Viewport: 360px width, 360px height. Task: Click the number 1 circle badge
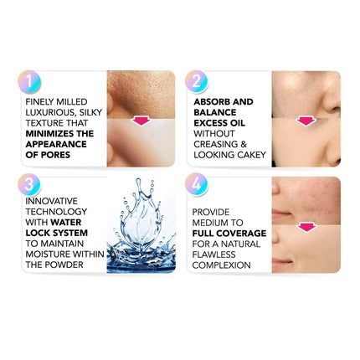(x=29, y=82)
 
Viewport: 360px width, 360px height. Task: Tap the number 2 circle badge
(x=197, y=82)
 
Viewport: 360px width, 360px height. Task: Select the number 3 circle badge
(x=29, y=185)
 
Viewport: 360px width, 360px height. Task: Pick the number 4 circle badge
(x=197, y=185)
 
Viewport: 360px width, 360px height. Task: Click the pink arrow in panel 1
(x=141, y=121)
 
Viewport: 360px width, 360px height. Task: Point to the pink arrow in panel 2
(x=306, y=121)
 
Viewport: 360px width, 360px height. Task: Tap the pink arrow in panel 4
(x=306, y=227)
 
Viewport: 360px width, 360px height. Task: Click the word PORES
(x=55, y=155)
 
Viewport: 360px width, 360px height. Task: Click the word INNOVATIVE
(x=52, y=201)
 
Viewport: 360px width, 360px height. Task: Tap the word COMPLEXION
(x=221, y=265)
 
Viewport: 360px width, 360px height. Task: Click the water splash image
(x=141, y=225)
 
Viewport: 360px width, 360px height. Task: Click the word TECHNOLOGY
(x=56, y=212)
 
